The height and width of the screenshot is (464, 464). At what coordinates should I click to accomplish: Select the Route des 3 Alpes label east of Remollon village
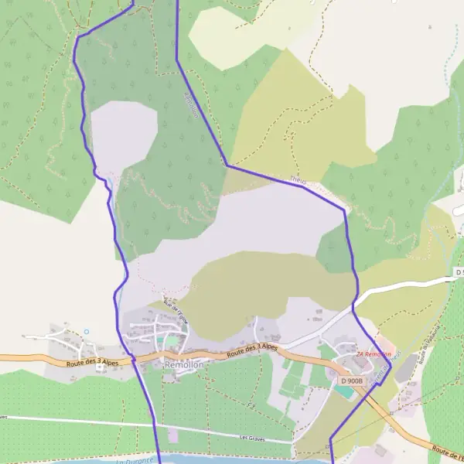[252, 350]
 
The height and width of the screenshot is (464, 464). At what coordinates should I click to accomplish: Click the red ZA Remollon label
[374, 354]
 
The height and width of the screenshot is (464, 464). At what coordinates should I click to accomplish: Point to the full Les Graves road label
[252, 438]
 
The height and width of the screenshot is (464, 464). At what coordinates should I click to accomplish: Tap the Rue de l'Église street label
[176, 310]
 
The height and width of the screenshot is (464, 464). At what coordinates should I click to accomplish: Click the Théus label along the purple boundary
[298, 182]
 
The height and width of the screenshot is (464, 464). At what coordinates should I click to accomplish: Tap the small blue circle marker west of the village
[86, 332]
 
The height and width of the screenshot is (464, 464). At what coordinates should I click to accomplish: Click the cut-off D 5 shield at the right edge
[460, 273]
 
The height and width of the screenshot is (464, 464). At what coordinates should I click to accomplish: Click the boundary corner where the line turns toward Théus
[227, 165]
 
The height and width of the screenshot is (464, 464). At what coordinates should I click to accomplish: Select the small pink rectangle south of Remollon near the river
[172, 436]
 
